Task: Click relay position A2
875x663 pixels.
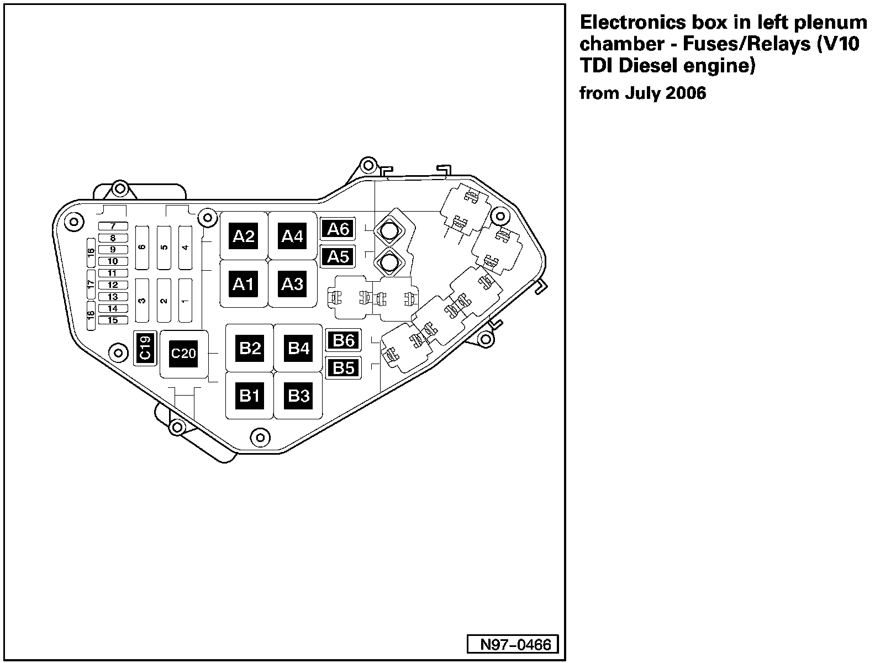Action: (244, 236)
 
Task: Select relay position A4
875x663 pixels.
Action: (292, 236)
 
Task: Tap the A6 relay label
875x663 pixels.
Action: (338, 229)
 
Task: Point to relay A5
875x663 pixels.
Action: (338, 257)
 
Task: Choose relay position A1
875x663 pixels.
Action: (244, 284)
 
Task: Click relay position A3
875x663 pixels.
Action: (292, 284)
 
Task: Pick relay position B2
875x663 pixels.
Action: (250, 348)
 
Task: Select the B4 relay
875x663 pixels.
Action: (298, 348)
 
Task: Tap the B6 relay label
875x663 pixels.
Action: (343, 340)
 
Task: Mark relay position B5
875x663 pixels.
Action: (343, 368)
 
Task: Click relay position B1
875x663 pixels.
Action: (250, 396)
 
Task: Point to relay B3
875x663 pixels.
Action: (298, 396)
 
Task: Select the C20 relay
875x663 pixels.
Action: (183, 353)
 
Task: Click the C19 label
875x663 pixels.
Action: (145, 348)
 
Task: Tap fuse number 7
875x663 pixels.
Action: (113, 227)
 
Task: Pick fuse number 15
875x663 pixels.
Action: (113, 320)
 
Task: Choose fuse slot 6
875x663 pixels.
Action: (143, 248)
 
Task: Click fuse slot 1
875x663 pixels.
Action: (185, 301)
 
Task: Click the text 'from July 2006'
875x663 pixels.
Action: (642, 93)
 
